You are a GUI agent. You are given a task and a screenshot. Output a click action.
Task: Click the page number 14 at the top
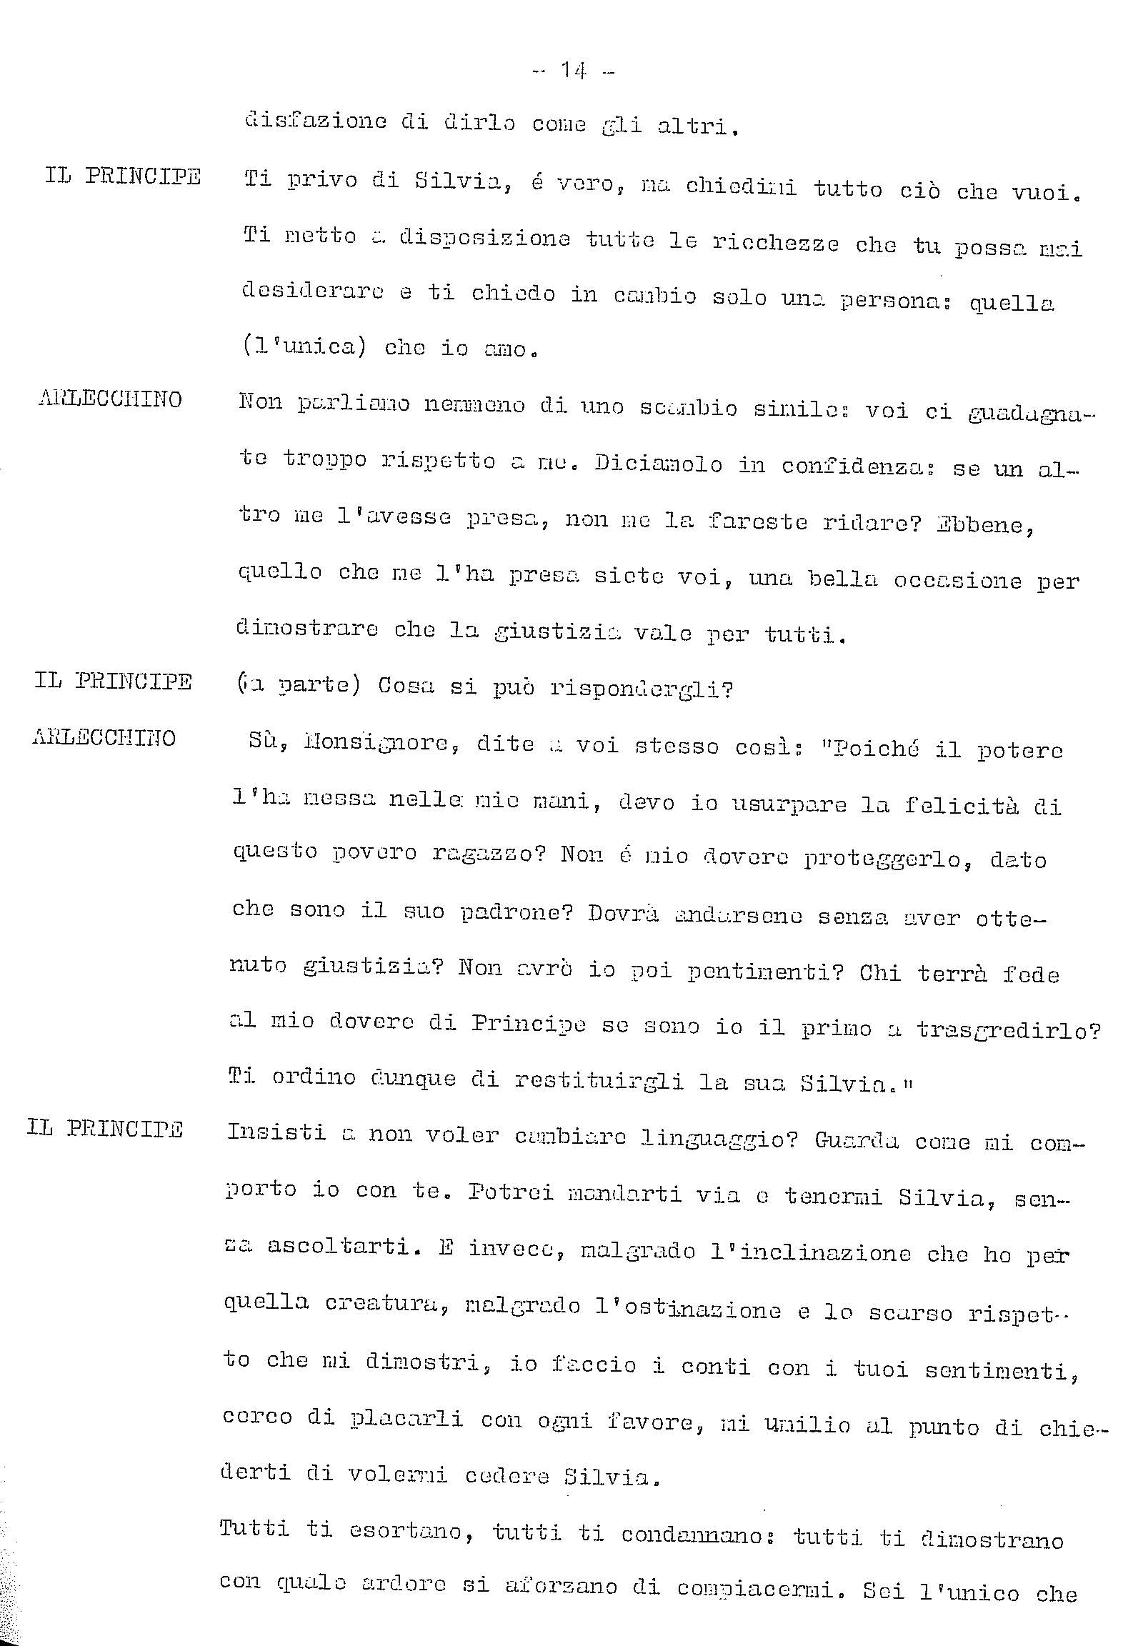(x=573, y=70)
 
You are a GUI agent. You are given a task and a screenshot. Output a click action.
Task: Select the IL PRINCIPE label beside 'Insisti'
(x=104, y=1129)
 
